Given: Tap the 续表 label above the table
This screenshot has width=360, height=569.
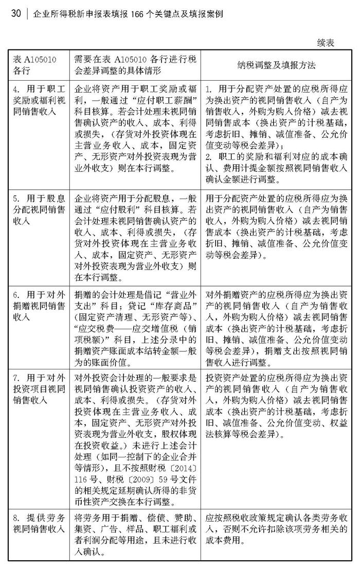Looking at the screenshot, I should pos(326,43).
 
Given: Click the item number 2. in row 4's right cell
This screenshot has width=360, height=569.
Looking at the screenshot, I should pos(210,156).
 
